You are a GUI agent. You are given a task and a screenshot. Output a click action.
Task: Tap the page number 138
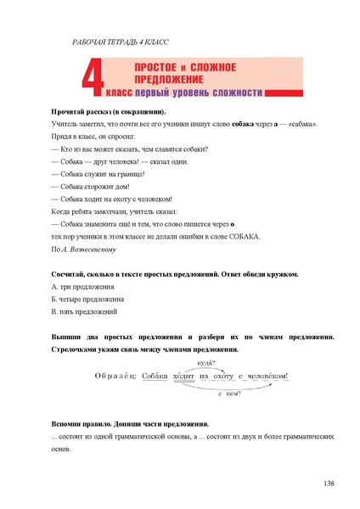tap(329, 483)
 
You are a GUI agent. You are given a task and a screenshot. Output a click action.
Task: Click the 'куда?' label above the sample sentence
tap(205, 362)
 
